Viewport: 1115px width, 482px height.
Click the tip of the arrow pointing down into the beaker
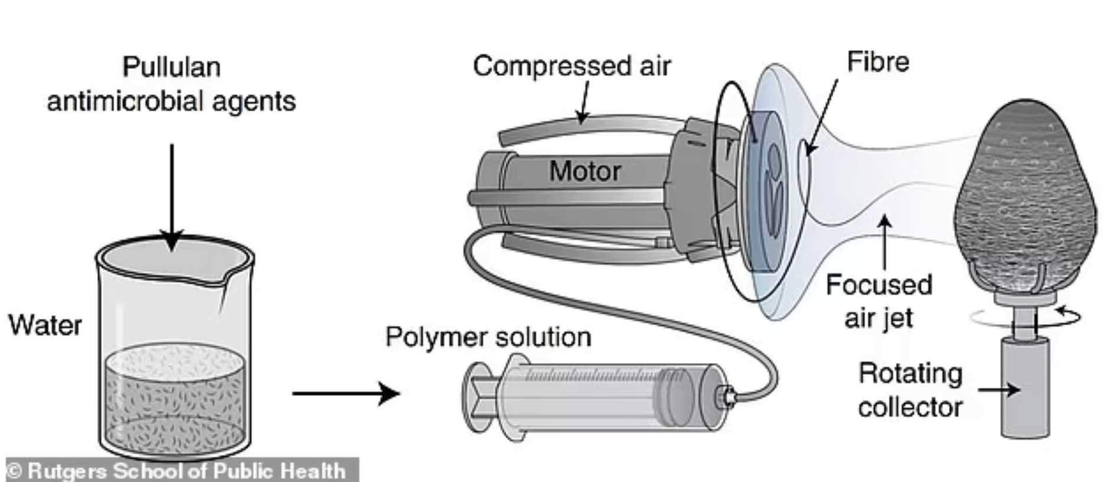172,251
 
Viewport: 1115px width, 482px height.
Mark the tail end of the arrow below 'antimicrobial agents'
172,144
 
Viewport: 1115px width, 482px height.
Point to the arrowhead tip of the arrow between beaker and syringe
401,393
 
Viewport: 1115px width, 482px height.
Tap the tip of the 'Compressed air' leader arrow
581,124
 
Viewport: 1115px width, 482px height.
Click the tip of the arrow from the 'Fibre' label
806,156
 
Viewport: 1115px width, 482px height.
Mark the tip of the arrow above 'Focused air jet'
884,215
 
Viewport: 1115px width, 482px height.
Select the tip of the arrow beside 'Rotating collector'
1021,389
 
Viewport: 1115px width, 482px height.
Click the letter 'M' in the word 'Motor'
561,171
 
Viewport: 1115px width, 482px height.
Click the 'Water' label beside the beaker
45,325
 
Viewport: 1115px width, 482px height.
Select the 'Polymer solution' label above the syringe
488,338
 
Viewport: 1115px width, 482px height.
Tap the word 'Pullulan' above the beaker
171,67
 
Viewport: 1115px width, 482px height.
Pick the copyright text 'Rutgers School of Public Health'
186,471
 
